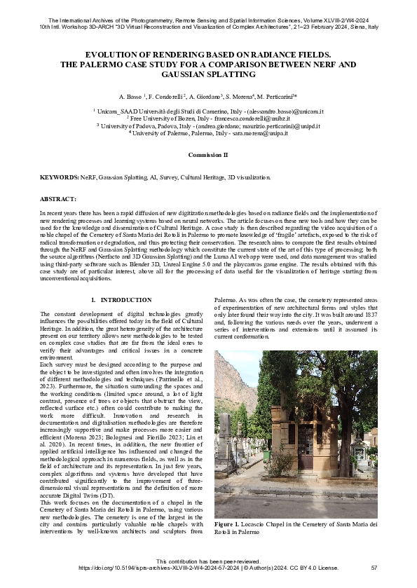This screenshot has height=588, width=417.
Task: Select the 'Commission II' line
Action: point(208,153)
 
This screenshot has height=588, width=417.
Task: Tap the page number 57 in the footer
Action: point(374,567)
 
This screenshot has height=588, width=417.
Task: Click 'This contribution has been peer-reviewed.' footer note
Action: point(208,561)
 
